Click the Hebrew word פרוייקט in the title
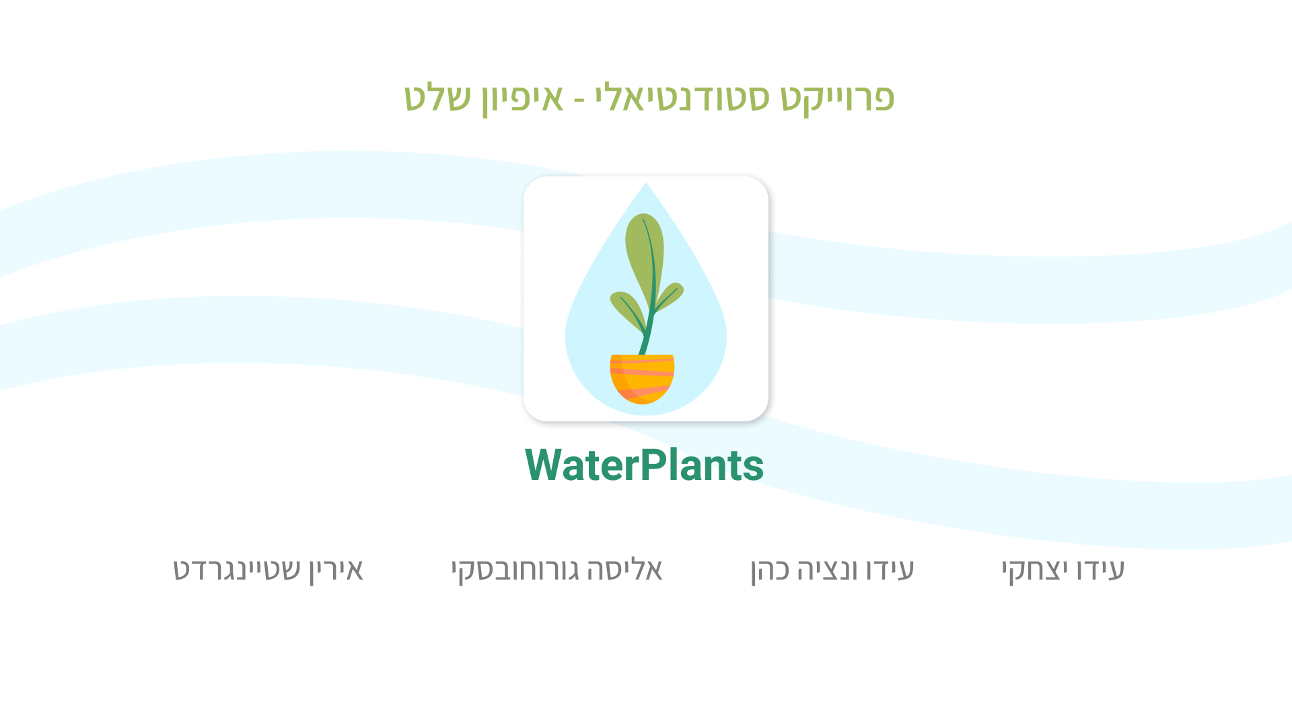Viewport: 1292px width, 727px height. (x=838, y=98)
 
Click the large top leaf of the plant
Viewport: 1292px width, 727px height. (x=645, y=259)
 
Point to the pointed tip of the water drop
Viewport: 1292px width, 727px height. (x=646, y=182)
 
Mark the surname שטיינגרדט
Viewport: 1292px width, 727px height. (x=237, y=569)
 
